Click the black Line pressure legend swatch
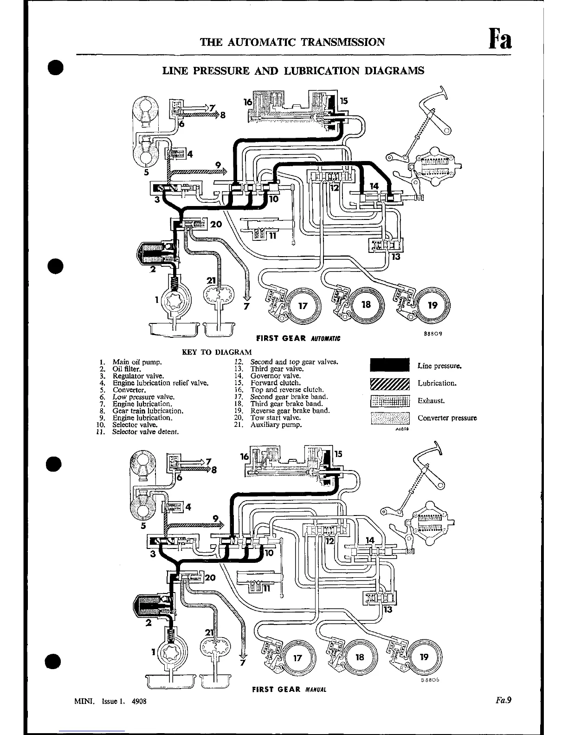[x=390, y=365]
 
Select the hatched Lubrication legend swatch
[x=390, y=383]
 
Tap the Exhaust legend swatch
[x=390, y=401]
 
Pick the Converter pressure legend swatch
[x=390, y=418]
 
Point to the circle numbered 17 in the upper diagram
[x=303, y=306]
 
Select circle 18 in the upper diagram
[x=366, y=304]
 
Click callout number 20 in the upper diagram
[x=216, y=224]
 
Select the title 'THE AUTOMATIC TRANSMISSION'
[x=292, y=42]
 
